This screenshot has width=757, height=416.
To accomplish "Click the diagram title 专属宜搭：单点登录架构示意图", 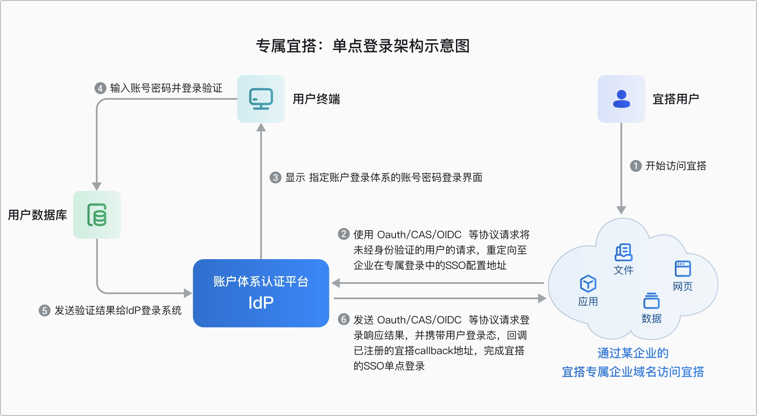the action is point(363,46).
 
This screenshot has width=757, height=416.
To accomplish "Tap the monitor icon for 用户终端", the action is point(261,99).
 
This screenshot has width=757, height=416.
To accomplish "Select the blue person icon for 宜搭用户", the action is point(622,99).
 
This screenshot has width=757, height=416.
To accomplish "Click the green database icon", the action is point(97,215).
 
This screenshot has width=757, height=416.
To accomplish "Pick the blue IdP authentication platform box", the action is point(261,293).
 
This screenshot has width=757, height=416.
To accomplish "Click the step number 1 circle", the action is point(636,166).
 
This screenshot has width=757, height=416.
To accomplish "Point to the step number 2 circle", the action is point(344,234).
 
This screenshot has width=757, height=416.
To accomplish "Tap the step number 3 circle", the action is point(275,177).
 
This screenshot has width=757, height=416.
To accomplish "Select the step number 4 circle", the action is point(100,88).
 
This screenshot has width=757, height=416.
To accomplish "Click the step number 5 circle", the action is point(44,310).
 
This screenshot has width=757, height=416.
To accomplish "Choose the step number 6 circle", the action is point(344,319).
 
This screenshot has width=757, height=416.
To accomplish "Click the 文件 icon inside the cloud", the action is point(624,252).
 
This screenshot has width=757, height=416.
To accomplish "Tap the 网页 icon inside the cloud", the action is point(683,269).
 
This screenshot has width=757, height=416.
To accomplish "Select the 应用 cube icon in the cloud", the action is point(588,284).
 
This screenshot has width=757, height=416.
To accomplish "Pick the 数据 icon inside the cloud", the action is point(651,300).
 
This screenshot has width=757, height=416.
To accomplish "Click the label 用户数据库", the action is point(37,215).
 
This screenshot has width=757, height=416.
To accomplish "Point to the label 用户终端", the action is point(316,99).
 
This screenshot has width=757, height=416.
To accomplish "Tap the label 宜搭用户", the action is point(676,99).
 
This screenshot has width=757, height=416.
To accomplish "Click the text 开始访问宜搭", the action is point(676,166).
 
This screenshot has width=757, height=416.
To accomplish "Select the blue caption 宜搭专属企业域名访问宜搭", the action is point(633,372).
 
